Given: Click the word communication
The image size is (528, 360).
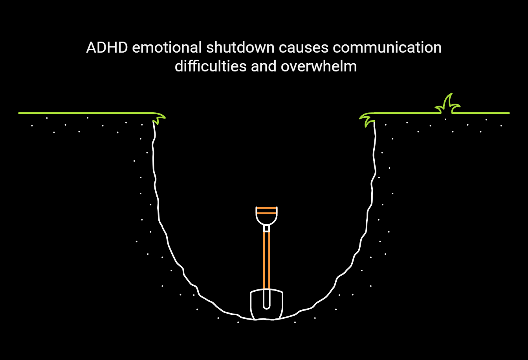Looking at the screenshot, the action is click(387, 48).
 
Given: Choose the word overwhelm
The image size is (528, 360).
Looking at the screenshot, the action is click(319, 66).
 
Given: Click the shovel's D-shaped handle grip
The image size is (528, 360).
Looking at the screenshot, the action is click(266, 218).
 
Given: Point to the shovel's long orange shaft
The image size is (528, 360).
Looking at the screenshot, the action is click(266, 259).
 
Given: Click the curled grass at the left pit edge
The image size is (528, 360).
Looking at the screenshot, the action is click(159, 118).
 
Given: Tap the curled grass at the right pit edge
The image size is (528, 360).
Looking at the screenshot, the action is click(367, 119).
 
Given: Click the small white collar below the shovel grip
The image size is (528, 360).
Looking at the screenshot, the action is click(266, 228).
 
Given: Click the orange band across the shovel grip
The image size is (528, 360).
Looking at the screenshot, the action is click(266, 210).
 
